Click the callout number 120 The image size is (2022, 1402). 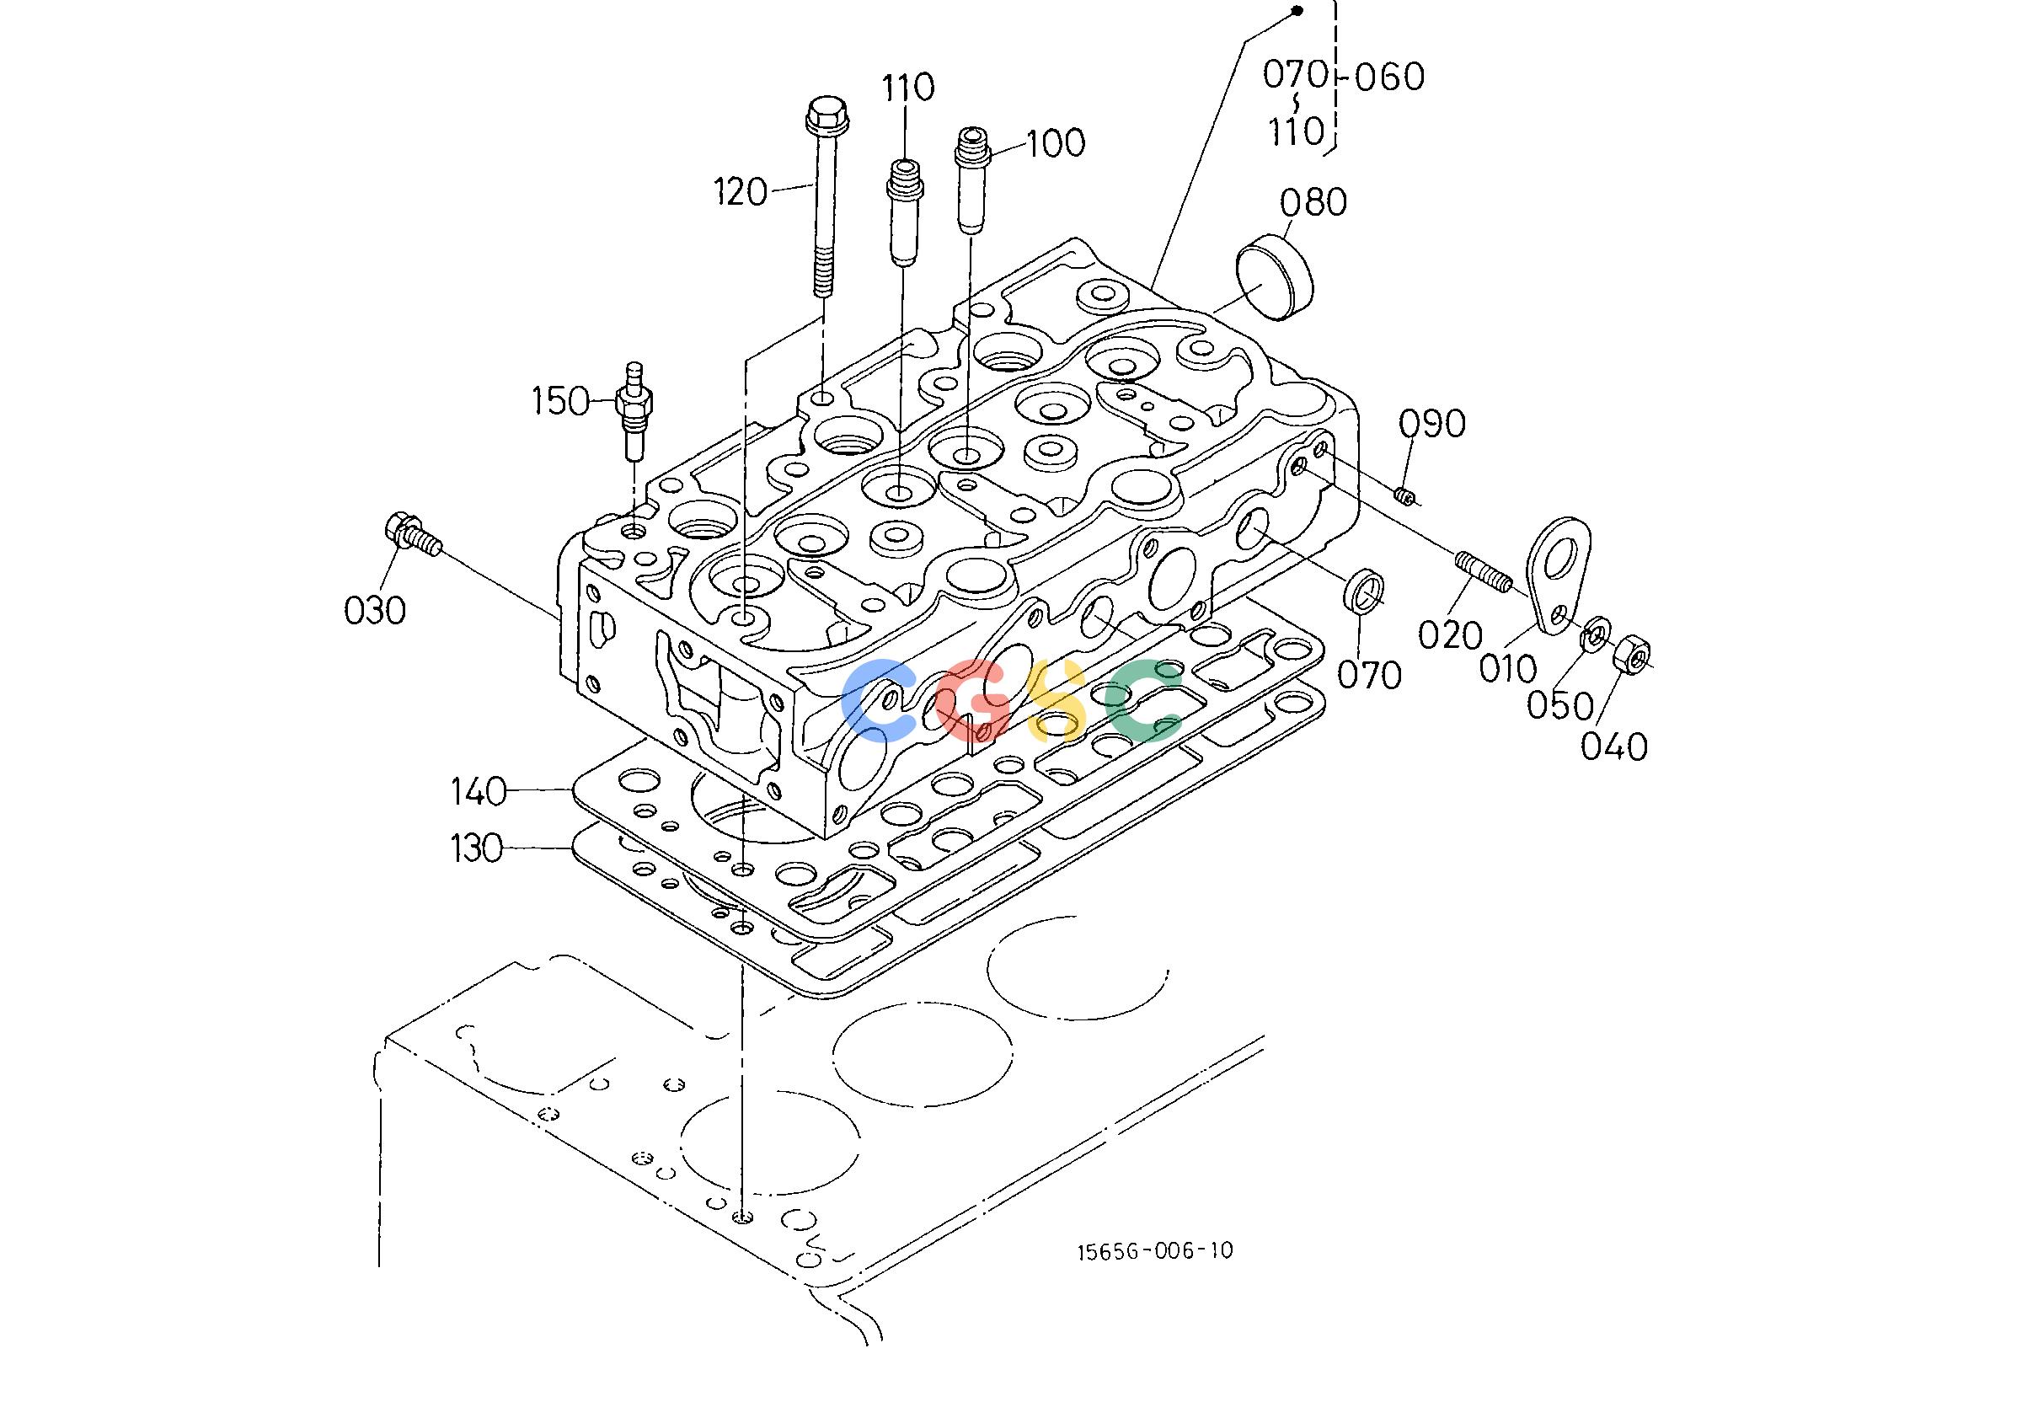click(741, 191)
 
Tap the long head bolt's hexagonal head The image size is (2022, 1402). click(826, 115)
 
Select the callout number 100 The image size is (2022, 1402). click(1056, 143)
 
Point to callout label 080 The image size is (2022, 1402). click(1313, 203)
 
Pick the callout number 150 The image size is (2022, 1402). click(560, 401)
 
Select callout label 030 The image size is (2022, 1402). click(375, 610)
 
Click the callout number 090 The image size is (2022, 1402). click(1431, 425)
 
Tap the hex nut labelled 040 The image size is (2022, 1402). click(1632, 654)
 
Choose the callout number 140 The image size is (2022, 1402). click(479, 792)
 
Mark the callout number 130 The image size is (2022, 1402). click(478, 848)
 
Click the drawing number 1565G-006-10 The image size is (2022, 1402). click(1155, 1250)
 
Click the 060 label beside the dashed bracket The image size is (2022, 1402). click(1388, 78)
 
